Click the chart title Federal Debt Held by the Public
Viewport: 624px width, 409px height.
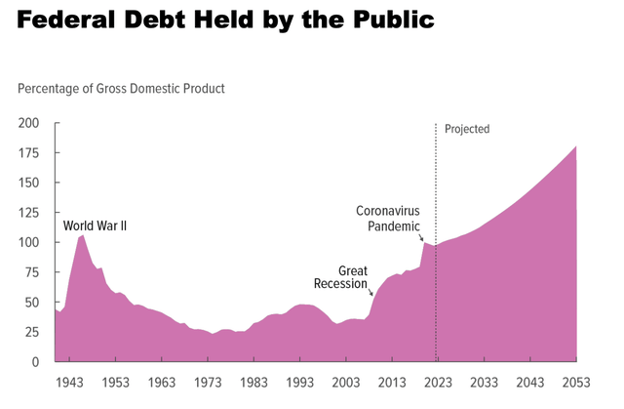pyautogui.click(x=223, y=20)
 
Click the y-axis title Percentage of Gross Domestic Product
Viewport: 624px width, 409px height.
pyautogui.click(x=121, y=89)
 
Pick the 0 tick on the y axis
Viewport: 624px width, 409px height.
pyautogui.click(x=35, y=361)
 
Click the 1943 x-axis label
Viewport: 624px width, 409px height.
pyautogui.click(x=69, y=382)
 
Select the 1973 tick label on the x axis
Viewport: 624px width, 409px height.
pyautogui.click(x=207, y=382)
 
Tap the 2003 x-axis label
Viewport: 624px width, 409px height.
pyautogui.click(x=346, y=382)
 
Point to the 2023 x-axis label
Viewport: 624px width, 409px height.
pyautogui.click(x=437, y=382)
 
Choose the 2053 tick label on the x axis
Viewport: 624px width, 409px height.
pyautogui.click(x=575, y=382)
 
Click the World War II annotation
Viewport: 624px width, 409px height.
pyautogui.click(x=96, y=225)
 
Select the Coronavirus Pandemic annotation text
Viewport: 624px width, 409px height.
pyautogui.click(x=387, y=218)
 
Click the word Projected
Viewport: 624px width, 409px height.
pyautogui.click(x=466, y=129)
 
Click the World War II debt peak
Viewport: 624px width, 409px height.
pyautogui.click(x=82, y=235)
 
